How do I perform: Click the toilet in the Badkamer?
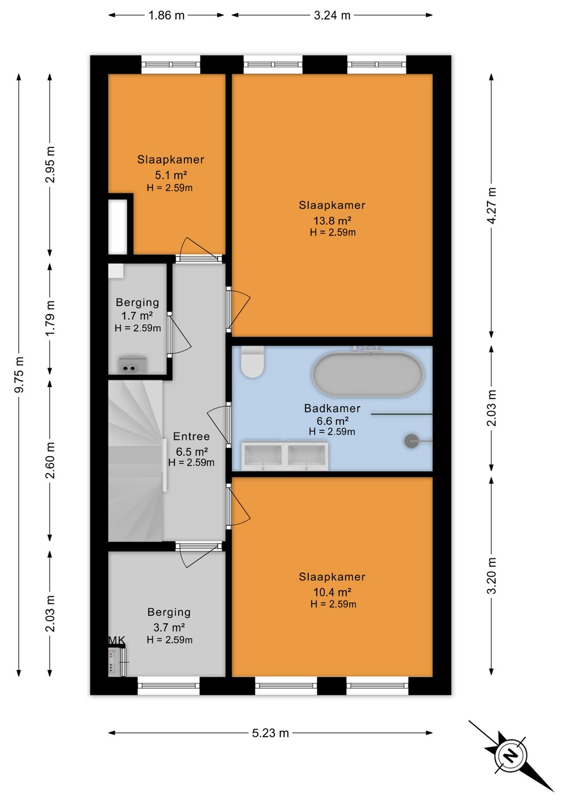(252, 362)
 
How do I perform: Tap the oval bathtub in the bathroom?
(368, 374)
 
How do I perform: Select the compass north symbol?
(511, 755)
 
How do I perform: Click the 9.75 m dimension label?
(19, 374)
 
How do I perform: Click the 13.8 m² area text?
(332, 220)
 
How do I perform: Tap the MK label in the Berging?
(116, 640)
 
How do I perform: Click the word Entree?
(191, 436)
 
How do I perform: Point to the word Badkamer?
(332, 408)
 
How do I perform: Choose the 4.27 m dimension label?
(492, 206)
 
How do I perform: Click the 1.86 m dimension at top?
(166, 15)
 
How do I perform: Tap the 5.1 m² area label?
(171, 175)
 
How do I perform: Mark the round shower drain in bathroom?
(411, 441)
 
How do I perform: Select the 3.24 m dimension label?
(332, 15)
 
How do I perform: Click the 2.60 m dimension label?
(51, 460)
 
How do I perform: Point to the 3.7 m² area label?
(169, 627)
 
